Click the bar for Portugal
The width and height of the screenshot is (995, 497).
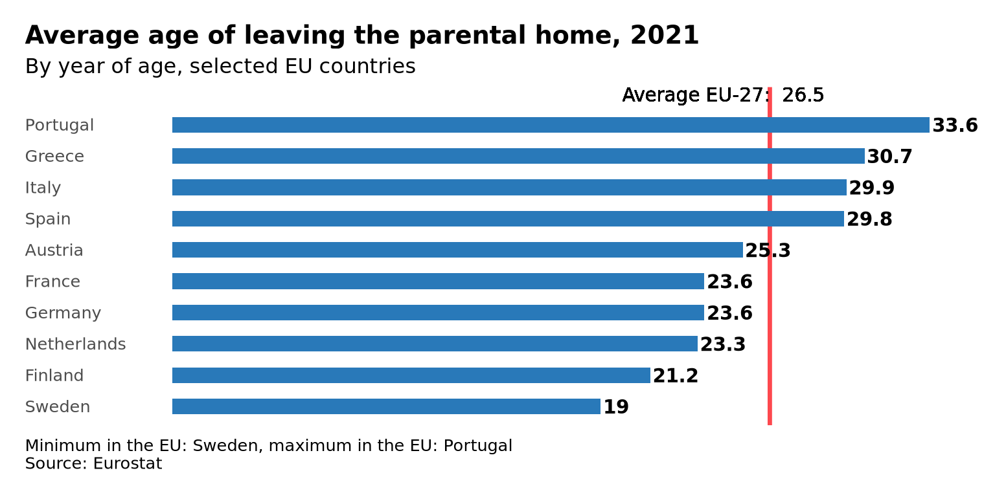tap(551, 125)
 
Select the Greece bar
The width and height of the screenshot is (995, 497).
tap(518, 156)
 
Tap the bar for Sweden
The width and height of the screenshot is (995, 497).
tap(386, 406)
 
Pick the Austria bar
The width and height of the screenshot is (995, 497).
tap(457, 250)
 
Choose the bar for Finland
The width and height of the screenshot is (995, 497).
tap(411, 375)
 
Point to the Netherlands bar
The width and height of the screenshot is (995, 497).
tap(435, 344)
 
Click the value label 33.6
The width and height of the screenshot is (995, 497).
tap(955, 126)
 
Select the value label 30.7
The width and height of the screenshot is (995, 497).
tap(889, 157)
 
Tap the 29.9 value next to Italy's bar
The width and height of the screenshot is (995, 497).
tap(871, 188)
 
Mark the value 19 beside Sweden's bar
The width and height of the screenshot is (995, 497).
tap(616, 407)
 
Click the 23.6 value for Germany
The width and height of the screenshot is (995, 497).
tap(729, 313)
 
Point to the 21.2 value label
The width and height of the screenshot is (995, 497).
tap(676, 376)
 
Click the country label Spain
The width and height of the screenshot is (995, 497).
tap(48, 219)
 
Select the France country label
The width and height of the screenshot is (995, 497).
tap(52, 282)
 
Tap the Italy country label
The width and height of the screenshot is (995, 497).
tap(43, 188)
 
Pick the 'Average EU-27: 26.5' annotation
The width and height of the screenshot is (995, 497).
tap(723, 95)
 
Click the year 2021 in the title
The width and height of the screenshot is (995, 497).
tap(665, 36)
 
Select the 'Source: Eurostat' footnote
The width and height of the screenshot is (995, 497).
tap(93, 464)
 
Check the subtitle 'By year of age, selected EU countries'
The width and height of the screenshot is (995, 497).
tap(220, 67)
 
